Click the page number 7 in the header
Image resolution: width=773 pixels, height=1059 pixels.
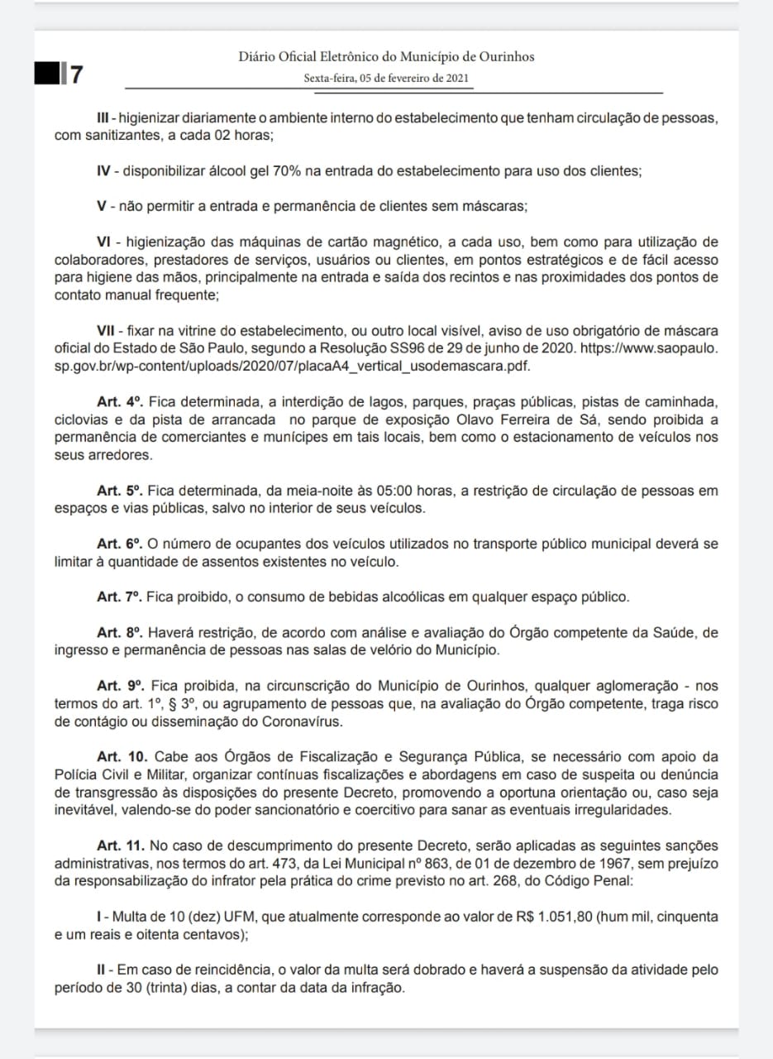pos(76,74)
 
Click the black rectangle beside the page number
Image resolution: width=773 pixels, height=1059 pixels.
pos(47,74)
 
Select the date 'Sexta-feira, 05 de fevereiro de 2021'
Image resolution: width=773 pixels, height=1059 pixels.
pos(386,79)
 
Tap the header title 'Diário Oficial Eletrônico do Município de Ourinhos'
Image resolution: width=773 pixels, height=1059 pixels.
pos(386,56)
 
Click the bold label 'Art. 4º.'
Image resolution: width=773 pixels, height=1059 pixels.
pos(121,402)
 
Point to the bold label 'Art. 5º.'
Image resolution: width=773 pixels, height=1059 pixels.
pos(121,491)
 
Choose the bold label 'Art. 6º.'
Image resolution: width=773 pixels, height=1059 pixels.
pos(121,544)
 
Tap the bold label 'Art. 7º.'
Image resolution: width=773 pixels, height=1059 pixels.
pos(121,597)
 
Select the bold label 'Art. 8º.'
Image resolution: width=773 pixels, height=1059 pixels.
pos(121,633)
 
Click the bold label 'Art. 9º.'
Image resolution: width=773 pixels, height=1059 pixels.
pos(121,686)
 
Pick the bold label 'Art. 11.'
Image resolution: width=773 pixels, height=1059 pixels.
pos(122,846)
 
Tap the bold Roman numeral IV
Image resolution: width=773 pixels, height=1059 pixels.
pos(104,171)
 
